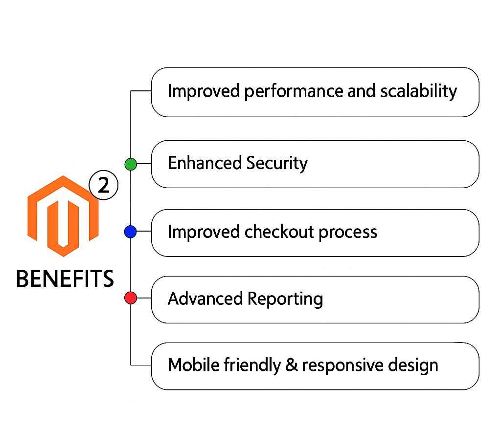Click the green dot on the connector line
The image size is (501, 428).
point(131,164)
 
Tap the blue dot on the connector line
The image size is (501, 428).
point(130,232)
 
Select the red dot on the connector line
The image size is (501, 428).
point(131,298)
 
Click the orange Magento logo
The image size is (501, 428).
point(63,216)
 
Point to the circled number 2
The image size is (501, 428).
point(104,185)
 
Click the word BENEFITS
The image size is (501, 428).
point(65,278)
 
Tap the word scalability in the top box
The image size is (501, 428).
point(419,91)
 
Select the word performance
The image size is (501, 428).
point(294,92)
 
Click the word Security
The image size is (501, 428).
point(277,163)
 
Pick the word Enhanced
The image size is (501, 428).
point(205,163)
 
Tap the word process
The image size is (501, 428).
point(348,233)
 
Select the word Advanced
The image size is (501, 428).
point(205,299)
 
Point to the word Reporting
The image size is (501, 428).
point(285,300)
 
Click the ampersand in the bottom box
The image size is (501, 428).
point(292,365)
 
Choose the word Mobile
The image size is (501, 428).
point(194,365)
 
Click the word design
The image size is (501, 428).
point(413,365)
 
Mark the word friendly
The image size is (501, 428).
point(252,365)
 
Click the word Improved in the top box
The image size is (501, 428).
point(204,91)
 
